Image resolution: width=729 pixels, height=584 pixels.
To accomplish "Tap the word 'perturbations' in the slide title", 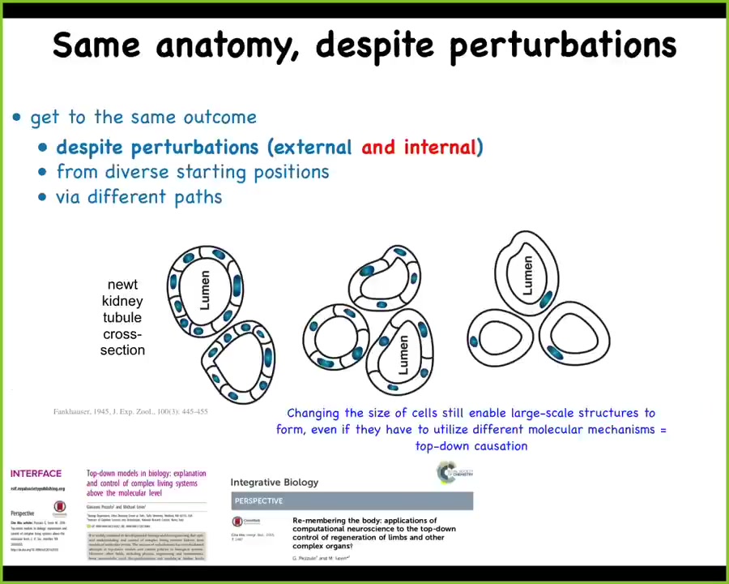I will [x=562, y=45].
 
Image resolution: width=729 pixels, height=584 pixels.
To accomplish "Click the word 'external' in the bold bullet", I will [x=313, y=147].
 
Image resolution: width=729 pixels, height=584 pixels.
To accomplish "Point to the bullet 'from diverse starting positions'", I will [x=192, y=172].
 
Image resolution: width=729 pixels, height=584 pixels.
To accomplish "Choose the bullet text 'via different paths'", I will [x=139, y=197].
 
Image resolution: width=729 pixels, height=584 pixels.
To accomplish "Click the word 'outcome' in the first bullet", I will [x=220, y=117].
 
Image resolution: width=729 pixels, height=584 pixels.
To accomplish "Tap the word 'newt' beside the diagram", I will [x=122, y=285].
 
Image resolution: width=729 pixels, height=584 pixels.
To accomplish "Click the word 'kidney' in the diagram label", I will [x=122, y=301].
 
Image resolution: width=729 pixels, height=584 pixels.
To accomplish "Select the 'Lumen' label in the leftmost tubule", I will [x=205, y=290].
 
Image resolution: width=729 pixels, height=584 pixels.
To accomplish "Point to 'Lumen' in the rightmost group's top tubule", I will [x=527, y=275].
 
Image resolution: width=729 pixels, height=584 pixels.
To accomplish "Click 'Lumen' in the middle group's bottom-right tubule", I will [x=403, y=355].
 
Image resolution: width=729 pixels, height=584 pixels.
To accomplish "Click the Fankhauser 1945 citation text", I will [x=130, y=412].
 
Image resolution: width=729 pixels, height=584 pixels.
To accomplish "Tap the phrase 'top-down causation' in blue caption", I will [x=471, y=446].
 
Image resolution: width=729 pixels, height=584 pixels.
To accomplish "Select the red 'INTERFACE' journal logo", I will [x=36, y=474].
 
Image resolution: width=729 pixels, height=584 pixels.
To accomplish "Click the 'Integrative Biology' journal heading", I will [x=275, y=482].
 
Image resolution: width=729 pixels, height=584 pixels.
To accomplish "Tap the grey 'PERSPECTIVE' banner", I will [x=352, y=500].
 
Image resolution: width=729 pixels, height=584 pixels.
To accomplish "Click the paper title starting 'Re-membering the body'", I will [x=374, y=533].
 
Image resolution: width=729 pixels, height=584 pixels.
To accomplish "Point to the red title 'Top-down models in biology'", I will [x=147, y=482].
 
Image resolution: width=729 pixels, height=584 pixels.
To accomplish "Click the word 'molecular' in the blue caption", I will [x=562, y=429].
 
